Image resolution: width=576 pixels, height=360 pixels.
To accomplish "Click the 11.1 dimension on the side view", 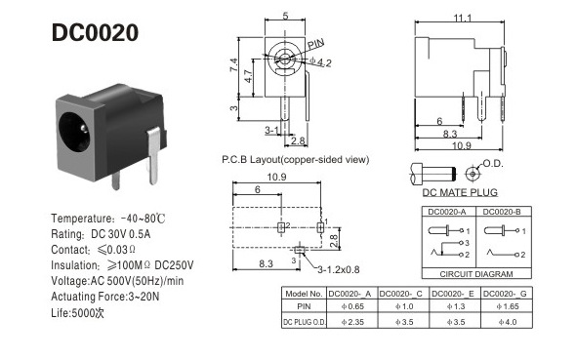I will click(463, 18).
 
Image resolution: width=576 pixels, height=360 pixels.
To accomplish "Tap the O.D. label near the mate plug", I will click(493, 163).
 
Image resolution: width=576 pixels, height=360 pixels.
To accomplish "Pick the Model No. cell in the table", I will click(302, 293).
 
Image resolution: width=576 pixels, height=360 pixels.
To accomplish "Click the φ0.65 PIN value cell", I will click(351, 306).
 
